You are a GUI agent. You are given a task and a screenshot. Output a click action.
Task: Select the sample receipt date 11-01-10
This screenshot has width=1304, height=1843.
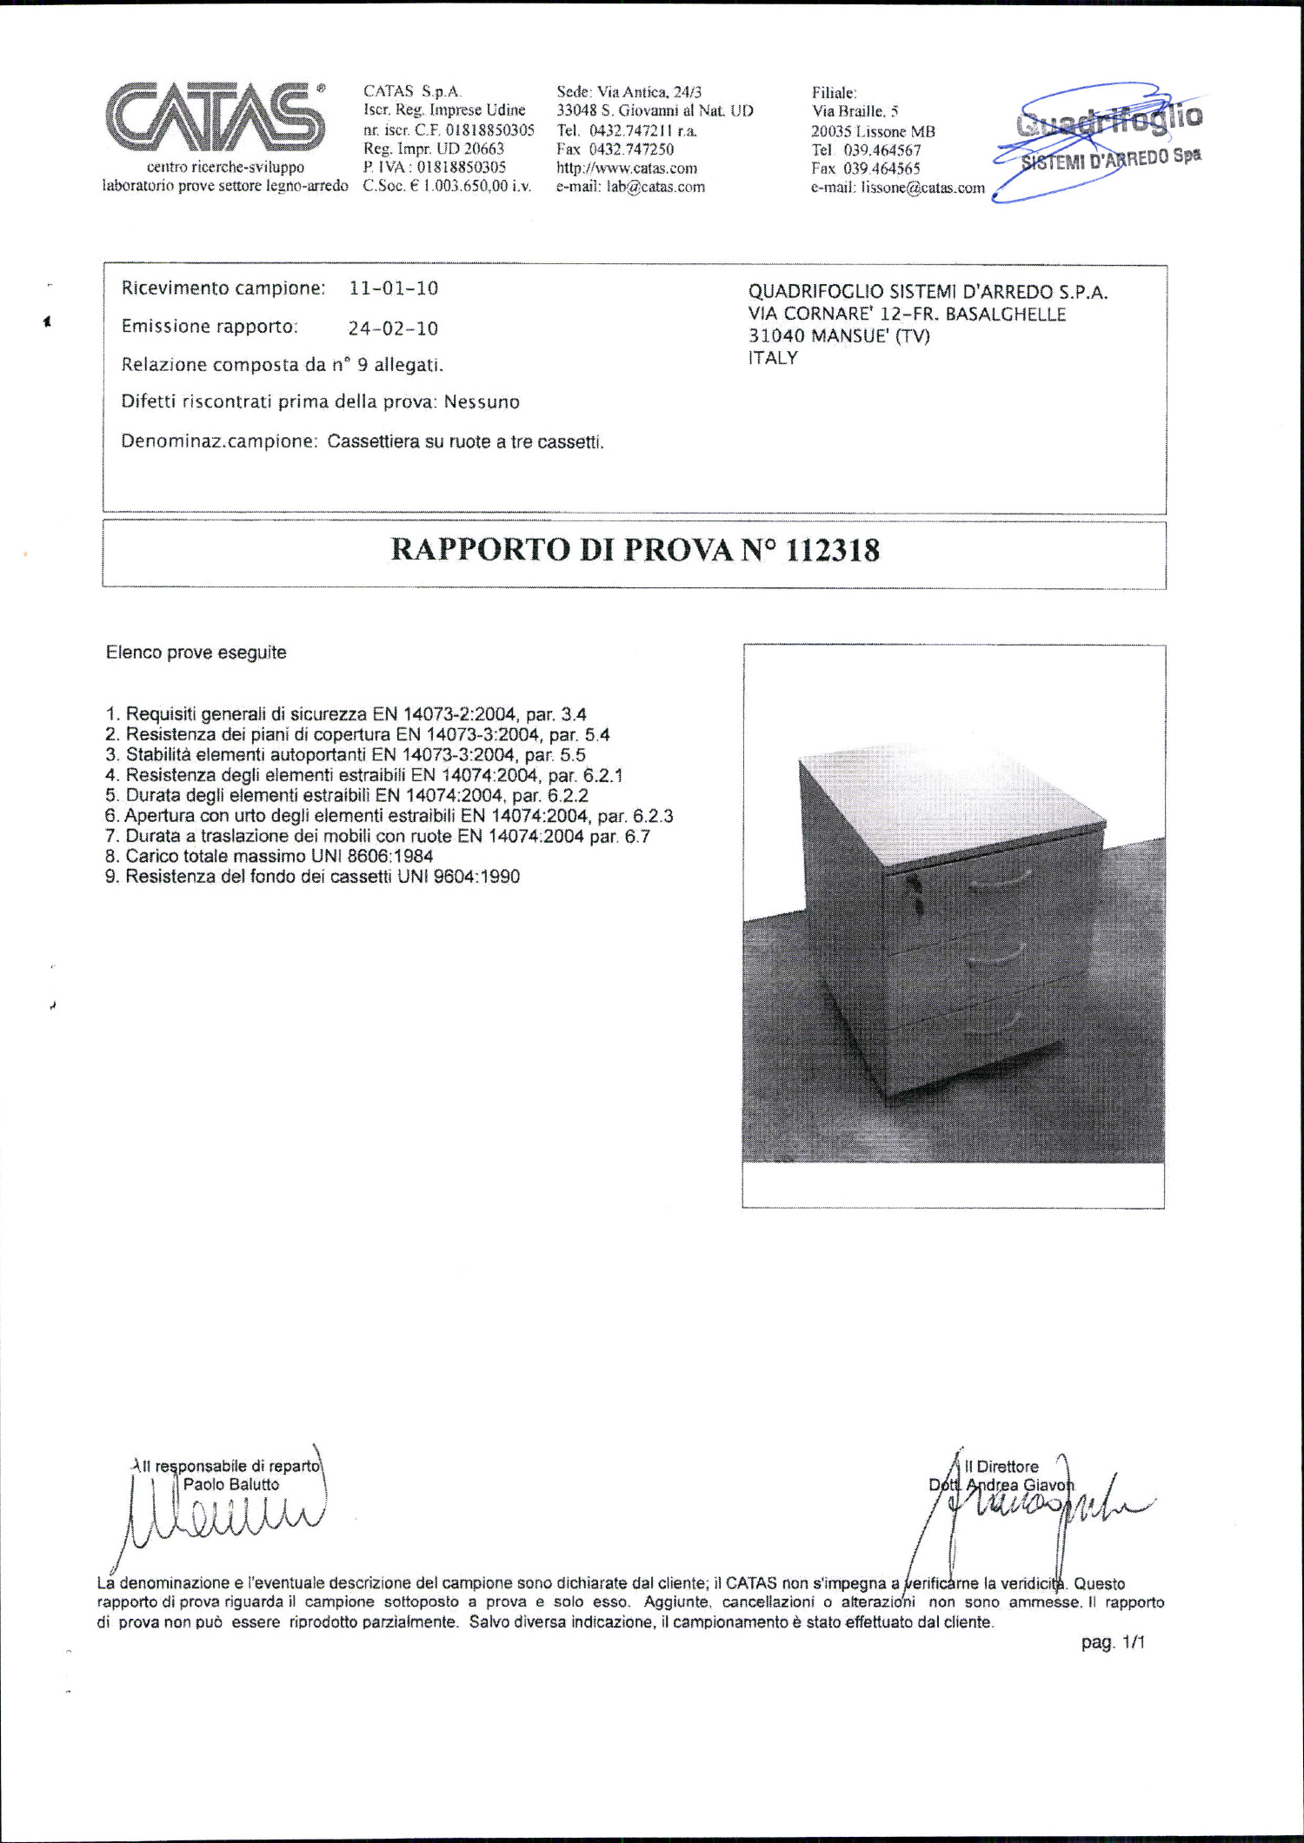point(394,288)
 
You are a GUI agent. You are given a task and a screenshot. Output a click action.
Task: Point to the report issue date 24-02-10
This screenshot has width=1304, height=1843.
point(393,328)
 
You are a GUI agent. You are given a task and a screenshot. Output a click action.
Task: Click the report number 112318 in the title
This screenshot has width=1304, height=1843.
point(832,551)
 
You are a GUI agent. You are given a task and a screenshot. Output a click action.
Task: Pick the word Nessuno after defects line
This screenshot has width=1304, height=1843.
point(482,402)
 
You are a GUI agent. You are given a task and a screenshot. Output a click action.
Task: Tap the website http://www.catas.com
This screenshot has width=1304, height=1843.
point(627,169)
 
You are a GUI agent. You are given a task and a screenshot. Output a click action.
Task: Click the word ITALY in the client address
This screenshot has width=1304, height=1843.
point(773,358)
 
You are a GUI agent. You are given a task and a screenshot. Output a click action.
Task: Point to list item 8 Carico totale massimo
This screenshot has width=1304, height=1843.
point(269,856)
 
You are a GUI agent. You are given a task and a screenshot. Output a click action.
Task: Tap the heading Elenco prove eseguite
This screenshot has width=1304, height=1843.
point(196,653)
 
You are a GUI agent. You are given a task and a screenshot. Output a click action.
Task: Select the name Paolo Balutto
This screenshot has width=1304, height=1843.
point(231,1485)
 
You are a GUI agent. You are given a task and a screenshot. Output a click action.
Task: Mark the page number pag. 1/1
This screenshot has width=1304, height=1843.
point(1113,1643)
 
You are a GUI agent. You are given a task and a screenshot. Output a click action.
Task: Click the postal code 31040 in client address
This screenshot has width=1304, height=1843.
point(775,336)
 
